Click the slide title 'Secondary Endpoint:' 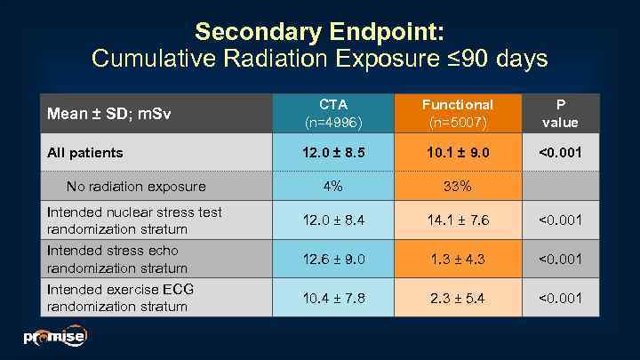point(319,31)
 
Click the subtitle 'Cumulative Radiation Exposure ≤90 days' point(319,60)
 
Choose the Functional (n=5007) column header point(457,114)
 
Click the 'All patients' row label point(84,153)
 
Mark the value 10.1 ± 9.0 point(457,153)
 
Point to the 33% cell point(457,187)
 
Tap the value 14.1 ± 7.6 point(457,220)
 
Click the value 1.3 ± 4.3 point(457,259)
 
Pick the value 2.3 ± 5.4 point(457,298)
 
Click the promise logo point(54,337)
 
